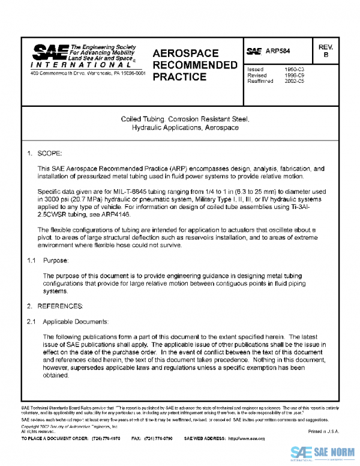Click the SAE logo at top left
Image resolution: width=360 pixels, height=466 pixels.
[49, 53]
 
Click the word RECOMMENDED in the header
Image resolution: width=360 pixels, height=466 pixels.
[195, 65]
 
